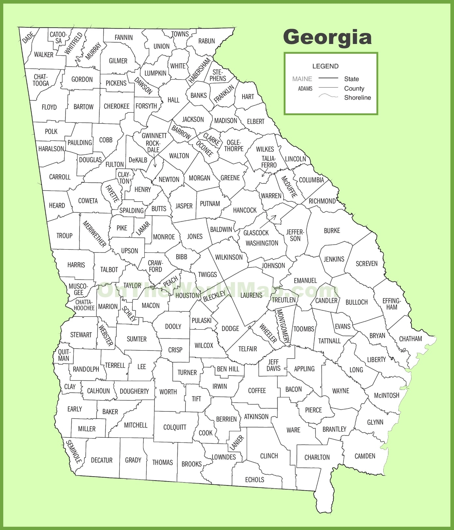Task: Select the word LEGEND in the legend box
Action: tap(325, 66)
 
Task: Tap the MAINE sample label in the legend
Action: tap(302, 79)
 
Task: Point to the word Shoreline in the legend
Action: tap(358, 97)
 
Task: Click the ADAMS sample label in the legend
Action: tap(305, 89)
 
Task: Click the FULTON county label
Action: tap(114, 165)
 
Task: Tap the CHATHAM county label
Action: tap(410, 339)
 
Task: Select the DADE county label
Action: tap(28, 37)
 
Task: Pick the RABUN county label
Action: tap(207, 41)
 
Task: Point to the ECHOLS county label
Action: tap(255, 480)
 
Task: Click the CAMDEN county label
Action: tap(365, 456)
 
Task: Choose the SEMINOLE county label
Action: tap(74, 451)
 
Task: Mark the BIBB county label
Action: tap(182, 257)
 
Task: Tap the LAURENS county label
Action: tap(251, 295)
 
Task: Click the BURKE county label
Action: tap(332, 231)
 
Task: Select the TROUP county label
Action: tap(64, 236)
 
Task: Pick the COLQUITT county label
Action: tap(175, 427)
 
